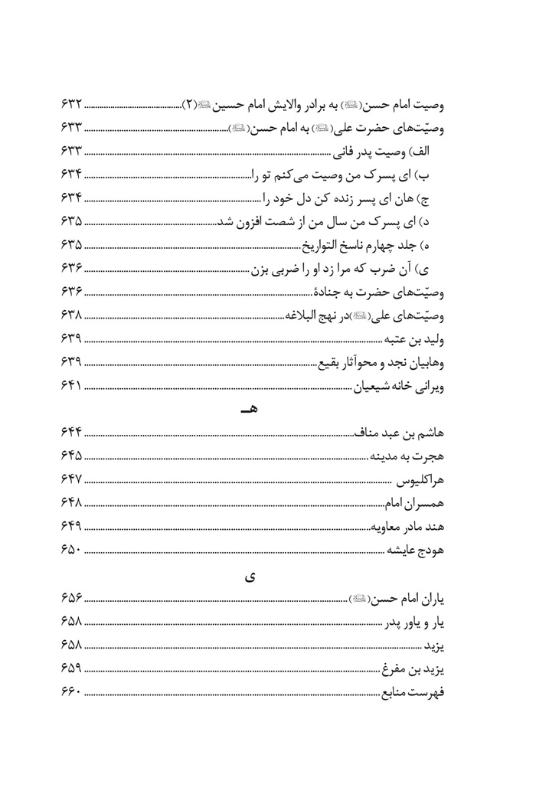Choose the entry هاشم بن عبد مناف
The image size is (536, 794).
tap(400, 435)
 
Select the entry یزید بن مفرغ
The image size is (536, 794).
tap(414, 670)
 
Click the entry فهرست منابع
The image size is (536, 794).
tap(414, 694)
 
